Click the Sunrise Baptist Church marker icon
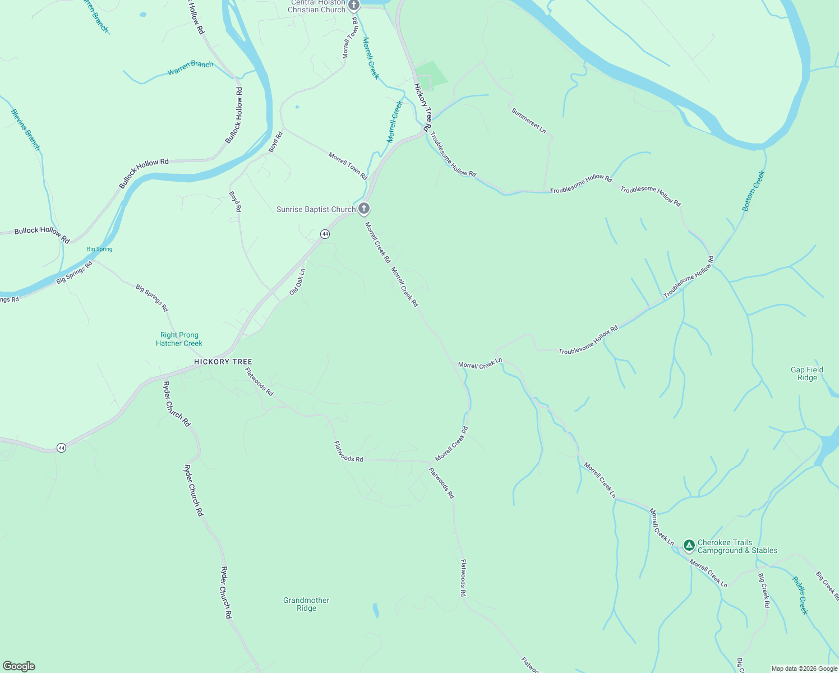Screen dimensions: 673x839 tap(364, 209)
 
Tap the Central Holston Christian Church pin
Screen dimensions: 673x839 tap(353, 6)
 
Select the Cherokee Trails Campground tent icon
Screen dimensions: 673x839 tap(689, 546)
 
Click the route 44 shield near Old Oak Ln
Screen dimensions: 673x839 tap(325, 234)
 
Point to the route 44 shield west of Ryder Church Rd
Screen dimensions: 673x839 tap(61, 448)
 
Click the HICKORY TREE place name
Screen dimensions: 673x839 tap(223, 362)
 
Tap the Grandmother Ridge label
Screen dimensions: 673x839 tap(306, 604)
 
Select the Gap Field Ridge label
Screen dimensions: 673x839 tap(807, 374)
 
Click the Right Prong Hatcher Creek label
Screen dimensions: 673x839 tap(179, 339)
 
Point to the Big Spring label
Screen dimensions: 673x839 tap(100, 249)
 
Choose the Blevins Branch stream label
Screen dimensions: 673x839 tap(26, 130)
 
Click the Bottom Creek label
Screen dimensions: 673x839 tap(753, 191)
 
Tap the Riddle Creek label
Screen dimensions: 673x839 tap(800, 595)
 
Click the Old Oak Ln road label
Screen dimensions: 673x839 tap(297, 282)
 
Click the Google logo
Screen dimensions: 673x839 tap(19, 666)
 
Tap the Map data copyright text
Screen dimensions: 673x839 tap(804, 669)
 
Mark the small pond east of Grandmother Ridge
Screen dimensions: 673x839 tap(376, 610)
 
